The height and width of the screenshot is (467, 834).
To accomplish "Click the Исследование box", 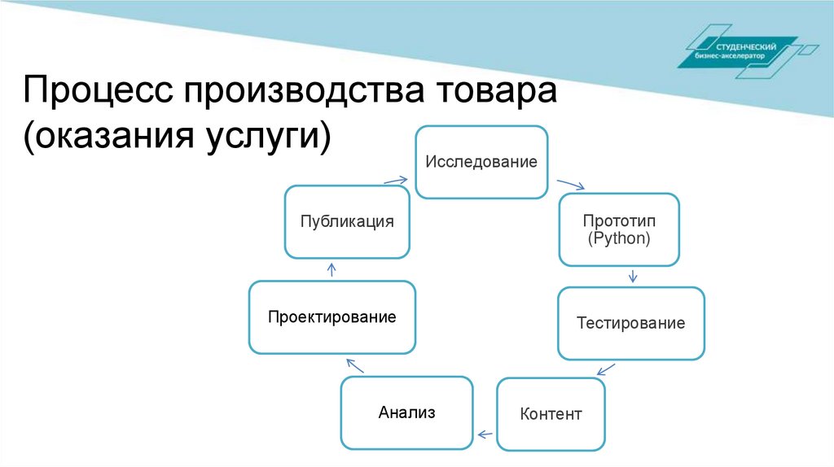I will coord(481,162).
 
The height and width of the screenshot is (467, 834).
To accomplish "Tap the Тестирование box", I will coord(630,323).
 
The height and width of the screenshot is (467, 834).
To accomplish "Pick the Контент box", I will coord(551,414).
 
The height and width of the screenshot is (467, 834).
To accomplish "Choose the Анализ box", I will coord(406,412).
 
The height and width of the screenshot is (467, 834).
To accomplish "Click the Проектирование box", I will coord(332,316).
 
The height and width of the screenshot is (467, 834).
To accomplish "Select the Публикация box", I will coord(346,221).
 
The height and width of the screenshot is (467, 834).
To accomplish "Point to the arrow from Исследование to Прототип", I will coord(572,185).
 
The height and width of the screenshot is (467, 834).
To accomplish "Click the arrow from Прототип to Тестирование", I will coord(633,276).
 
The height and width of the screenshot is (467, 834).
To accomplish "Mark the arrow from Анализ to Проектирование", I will coord(355,365).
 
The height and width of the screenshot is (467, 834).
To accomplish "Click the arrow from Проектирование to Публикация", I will coord(331,269).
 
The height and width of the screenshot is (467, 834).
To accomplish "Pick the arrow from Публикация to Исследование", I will coord(395,180).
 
